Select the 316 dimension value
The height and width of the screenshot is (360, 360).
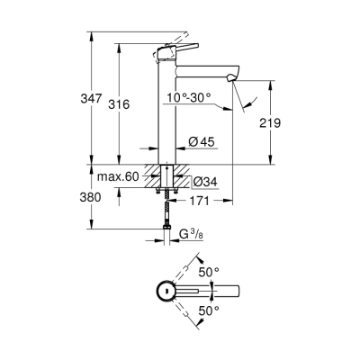(132, 104)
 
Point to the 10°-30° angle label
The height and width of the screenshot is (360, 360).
(189, 97)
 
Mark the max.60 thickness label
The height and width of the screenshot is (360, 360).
(119, 177)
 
